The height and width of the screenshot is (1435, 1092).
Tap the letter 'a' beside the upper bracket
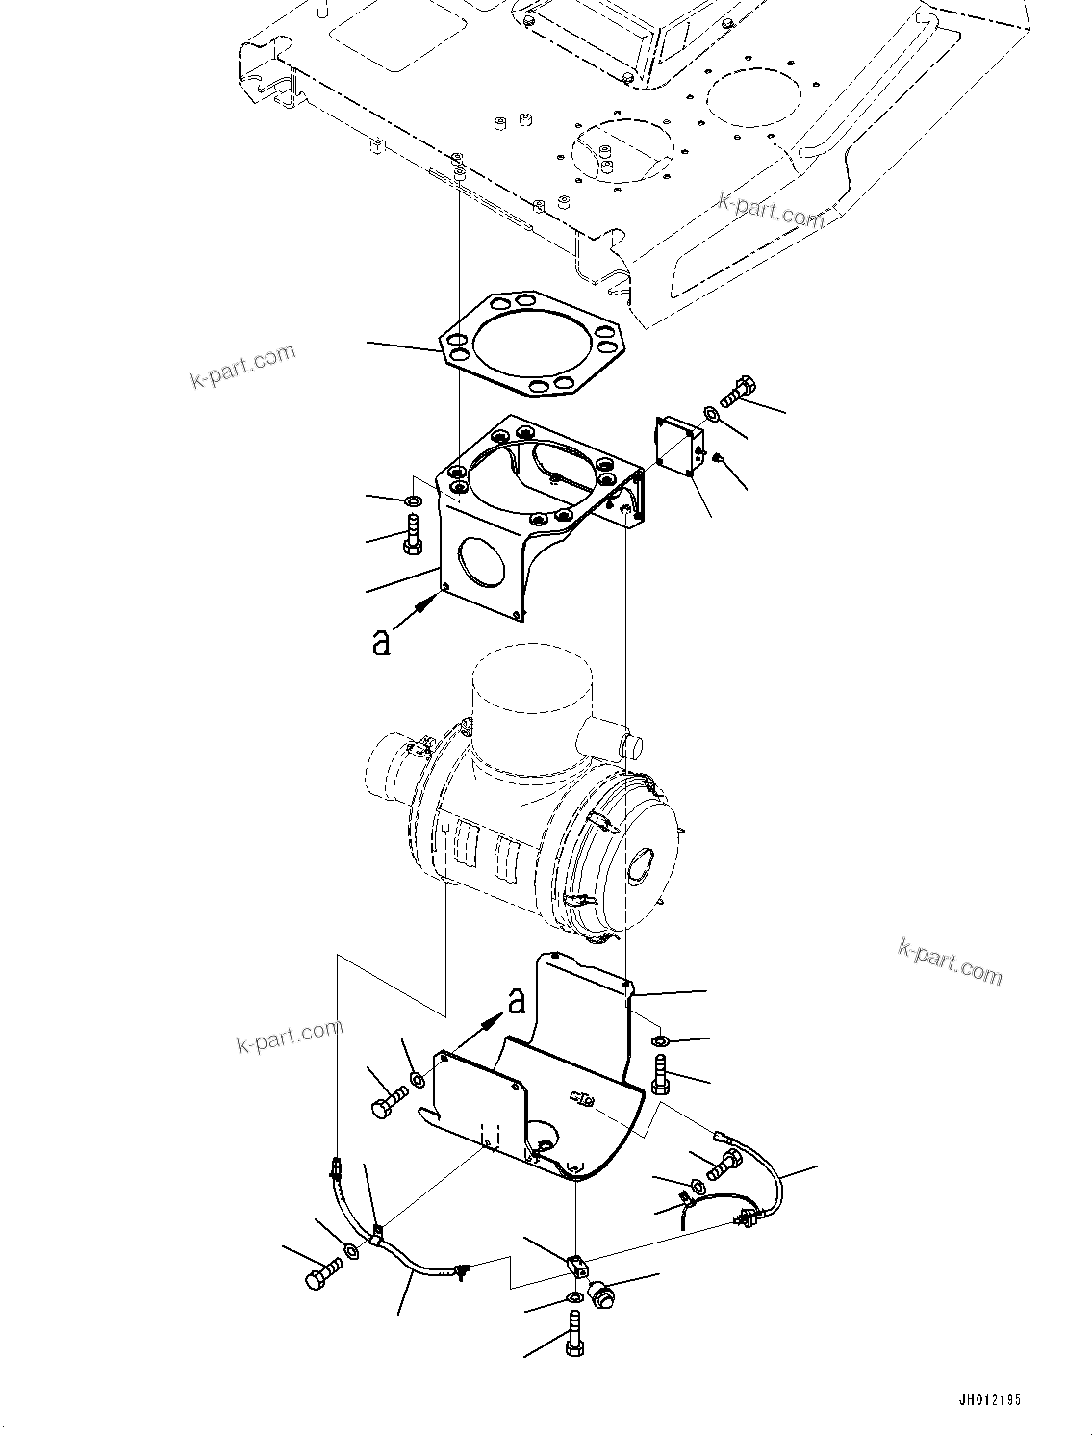click(382, 643)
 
